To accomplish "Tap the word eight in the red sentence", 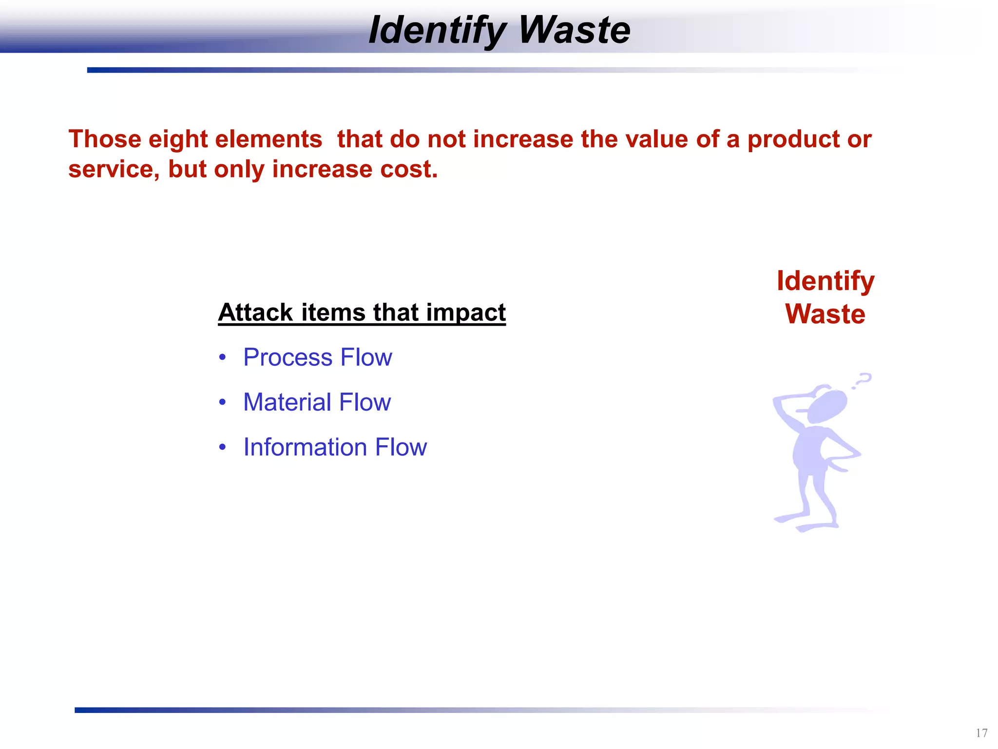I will (x=178, y=139).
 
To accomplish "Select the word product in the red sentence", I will (x=793, y=139).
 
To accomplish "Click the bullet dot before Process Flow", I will (x=223, y=357).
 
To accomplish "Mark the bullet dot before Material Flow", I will (x=223, y=402).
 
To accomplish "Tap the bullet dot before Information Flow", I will (x=223, y=447).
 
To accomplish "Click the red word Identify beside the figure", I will (x=825, y=281).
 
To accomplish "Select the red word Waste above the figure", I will (x=825, y=314).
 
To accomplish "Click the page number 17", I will (x=981, y=733).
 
